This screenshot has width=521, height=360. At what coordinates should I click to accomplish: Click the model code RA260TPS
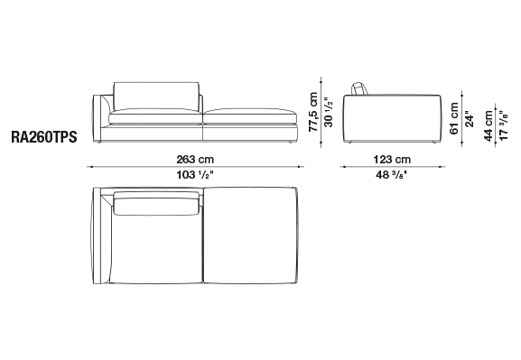[x=44, y=137]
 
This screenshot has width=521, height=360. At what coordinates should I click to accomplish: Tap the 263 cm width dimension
[x=195, y=160]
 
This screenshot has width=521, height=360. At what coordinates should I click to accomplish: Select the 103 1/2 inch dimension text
[x=194, y=175]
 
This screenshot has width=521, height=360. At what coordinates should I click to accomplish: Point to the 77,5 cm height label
[x=313, y=112]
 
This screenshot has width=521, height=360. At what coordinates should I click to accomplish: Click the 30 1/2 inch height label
[x=329, y=112]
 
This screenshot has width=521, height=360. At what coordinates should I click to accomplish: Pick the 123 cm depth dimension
[x=392, y=160]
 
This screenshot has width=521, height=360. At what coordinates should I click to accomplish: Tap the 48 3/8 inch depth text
[x=391, y=175]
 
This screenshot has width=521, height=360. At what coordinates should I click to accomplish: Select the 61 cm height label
[x=454, y=118]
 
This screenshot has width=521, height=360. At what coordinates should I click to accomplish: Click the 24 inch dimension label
[x=470, y=119]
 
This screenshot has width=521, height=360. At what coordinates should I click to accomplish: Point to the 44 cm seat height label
[x=488, y=126]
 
